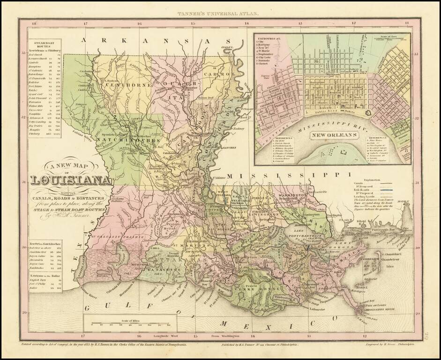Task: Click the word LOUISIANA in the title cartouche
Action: coord(71,180)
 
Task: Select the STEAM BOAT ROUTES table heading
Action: coord(43,44)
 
